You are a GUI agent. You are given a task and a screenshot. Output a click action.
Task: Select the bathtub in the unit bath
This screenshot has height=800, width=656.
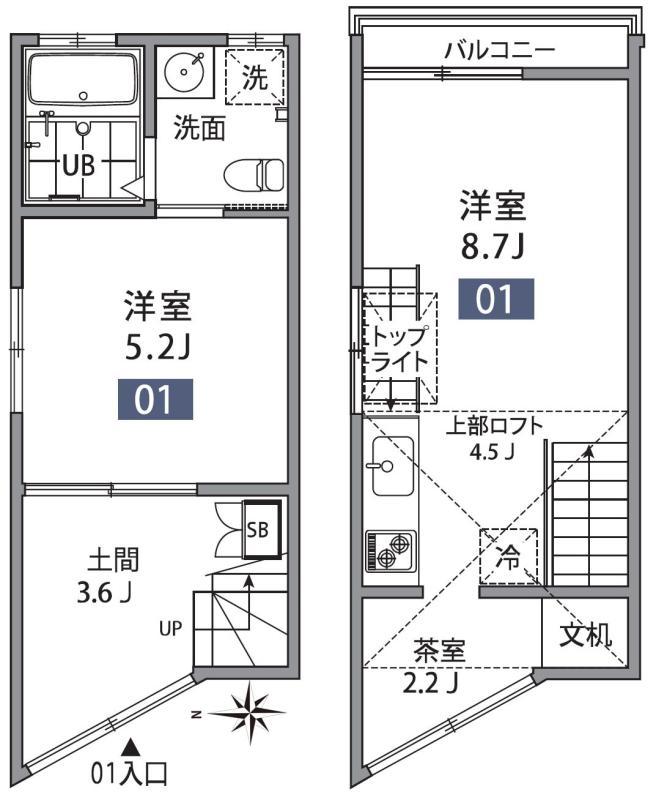[x=84, y=79]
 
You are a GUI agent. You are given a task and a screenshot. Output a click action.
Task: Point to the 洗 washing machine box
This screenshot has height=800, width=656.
[x=256, y=79]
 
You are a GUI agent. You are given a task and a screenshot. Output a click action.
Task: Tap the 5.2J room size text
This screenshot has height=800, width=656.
[x=157, y=348]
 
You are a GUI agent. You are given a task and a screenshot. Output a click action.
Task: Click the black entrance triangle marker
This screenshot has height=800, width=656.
[x=129, y=745]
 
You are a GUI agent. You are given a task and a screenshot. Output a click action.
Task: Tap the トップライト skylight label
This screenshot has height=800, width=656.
[x=400, y=349]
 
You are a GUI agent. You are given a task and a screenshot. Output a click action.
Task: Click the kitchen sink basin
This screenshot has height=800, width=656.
[x=389, y=466]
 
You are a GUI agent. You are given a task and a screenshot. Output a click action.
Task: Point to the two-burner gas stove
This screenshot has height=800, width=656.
[x=389, y=552]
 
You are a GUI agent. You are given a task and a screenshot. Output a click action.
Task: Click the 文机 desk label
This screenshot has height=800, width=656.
[x=585, y=634]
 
